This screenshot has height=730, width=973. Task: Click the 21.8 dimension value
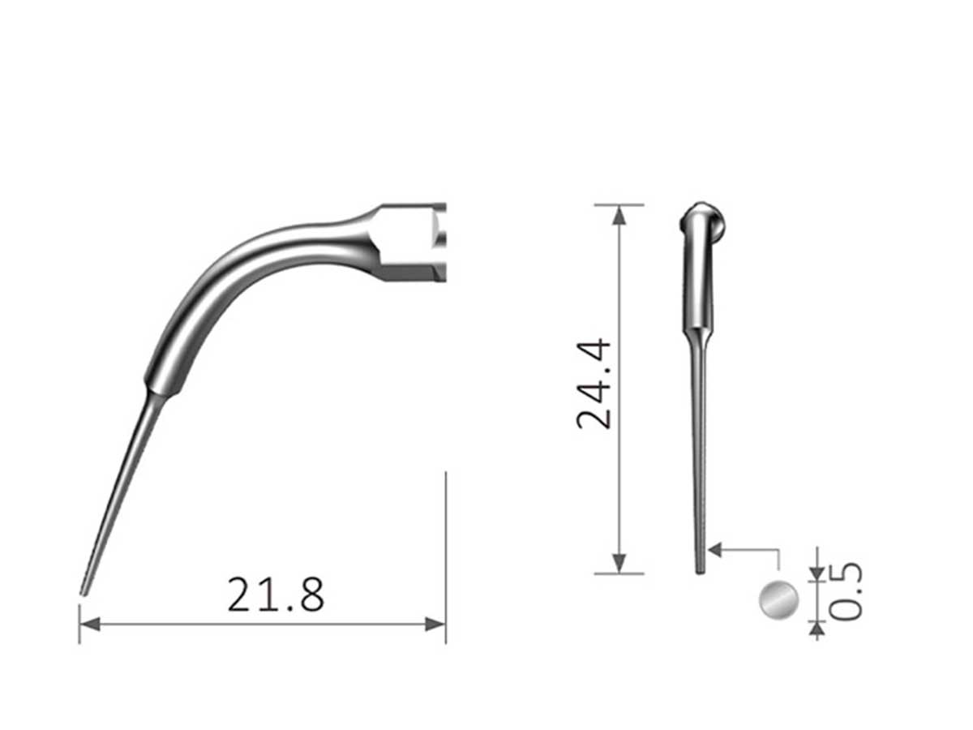276,595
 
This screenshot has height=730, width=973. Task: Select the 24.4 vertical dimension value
596,383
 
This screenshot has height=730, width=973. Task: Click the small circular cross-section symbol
778,600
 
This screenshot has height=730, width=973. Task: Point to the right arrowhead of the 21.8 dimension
436,624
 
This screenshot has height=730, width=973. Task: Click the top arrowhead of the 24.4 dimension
619,214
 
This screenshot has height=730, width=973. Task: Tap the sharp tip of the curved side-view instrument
83,592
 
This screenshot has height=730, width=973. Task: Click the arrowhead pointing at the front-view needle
714,550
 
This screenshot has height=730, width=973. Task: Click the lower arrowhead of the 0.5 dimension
817,627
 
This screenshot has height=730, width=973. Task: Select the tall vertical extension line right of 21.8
446,552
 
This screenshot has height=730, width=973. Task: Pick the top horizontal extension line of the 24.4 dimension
619,204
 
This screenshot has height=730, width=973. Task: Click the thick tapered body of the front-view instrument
698,284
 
